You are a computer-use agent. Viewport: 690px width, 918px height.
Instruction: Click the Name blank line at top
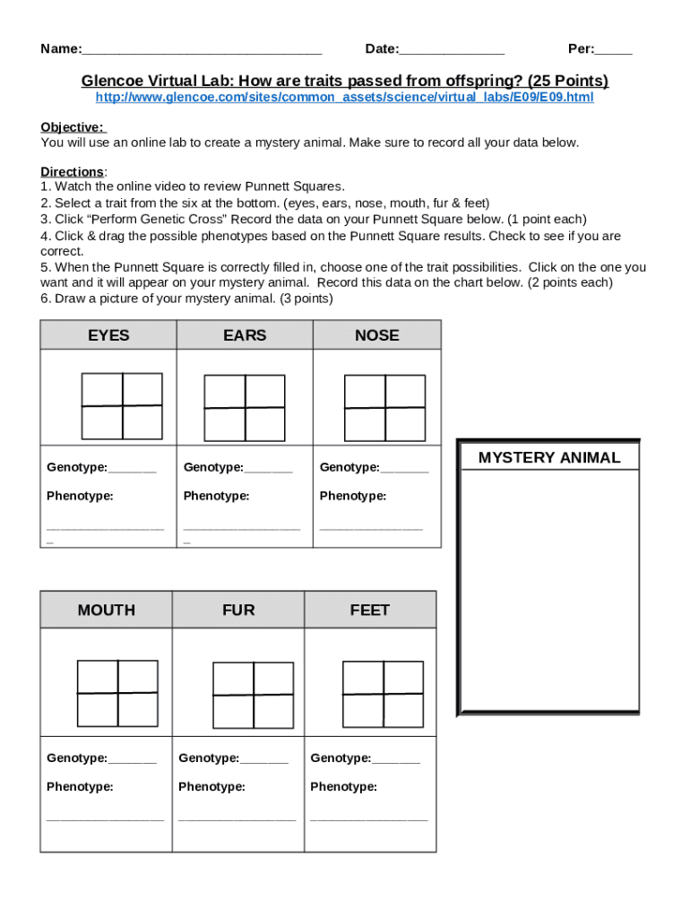point(201,50)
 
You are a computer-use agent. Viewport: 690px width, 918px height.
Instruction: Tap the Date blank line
point(452,50)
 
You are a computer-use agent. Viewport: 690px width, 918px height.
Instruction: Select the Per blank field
point(614,50)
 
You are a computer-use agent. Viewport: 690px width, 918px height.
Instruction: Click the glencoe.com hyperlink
point(344,97)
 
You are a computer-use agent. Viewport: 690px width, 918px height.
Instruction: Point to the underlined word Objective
point(72,127)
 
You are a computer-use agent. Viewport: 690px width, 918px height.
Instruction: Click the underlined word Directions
point(72,171)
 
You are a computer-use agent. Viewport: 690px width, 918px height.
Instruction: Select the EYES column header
point(108,335)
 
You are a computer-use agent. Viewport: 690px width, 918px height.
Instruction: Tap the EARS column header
point(245,335)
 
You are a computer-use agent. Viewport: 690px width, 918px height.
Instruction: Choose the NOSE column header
point(377,335)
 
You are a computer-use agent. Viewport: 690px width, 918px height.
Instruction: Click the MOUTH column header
point(106,611)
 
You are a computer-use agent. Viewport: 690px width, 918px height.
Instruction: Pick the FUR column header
point(238,611)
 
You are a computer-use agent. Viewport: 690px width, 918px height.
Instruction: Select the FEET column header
point(370,611)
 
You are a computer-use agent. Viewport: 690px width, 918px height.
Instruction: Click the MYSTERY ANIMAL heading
point(548,458)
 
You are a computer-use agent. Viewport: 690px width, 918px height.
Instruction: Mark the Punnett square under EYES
point(122,406)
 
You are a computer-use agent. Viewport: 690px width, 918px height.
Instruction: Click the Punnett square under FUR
point(253,695)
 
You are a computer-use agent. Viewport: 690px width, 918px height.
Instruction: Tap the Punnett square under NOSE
point(384,408)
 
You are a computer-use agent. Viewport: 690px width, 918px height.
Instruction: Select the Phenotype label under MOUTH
point(80,787)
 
